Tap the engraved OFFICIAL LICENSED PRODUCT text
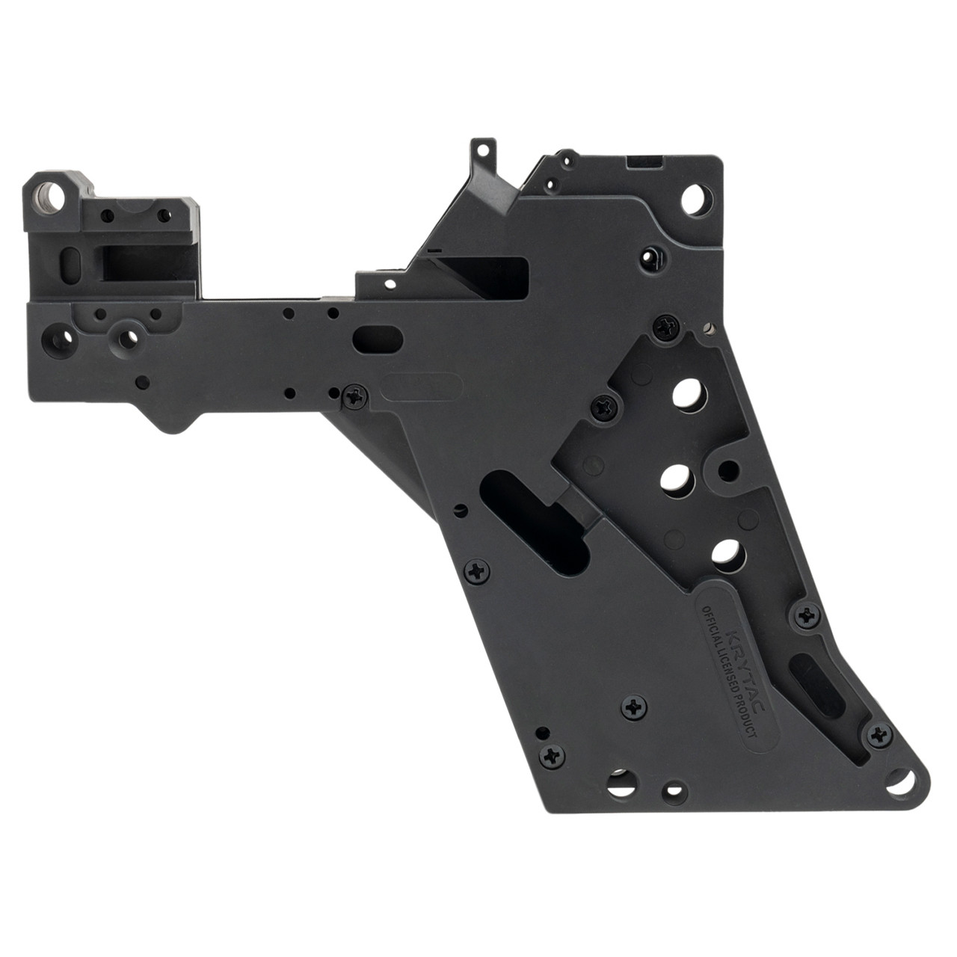coord(724,673)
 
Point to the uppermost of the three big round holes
coord(686,394)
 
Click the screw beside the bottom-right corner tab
coord(878,735)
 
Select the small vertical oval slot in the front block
coord(72,264)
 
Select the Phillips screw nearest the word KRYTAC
coord(806,616)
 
